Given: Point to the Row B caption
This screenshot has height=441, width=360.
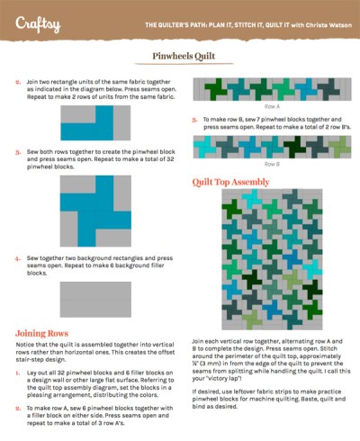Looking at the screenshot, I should pyautogui.click(x=269, y=165).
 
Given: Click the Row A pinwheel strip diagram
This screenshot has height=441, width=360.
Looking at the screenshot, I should pyautogui.click(x=269, y=90).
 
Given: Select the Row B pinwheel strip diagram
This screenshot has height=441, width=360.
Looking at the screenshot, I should pyautogui.click(x=269, y=147).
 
